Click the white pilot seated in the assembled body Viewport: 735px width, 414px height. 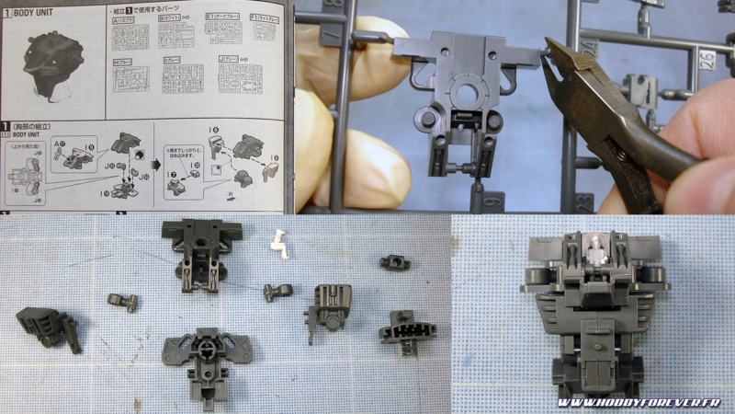pyautogui.click(x=594, y=247)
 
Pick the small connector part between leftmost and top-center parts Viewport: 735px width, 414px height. pyautogui.click(x=123, y=301)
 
